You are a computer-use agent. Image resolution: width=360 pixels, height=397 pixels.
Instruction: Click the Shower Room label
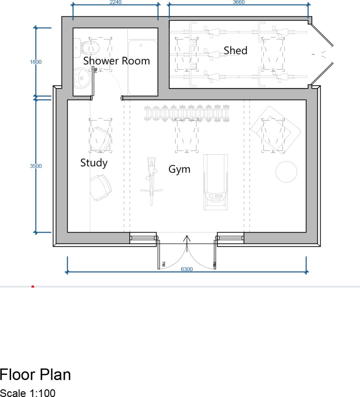coord(117,61)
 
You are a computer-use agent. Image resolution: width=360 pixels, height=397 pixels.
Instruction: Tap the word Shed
coord(235,50)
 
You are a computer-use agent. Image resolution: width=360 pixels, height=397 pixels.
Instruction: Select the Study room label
coord(94,163)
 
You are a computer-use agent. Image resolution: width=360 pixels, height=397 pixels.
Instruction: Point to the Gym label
coord(179,169)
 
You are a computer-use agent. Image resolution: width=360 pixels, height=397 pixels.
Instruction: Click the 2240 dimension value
coord(115,2)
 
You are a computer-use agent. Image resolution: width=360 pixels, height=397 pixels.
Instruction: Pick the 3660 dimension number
coord(239,2)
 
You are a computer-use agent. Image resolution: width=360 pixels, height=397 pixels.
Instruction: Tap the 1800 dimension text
coord(36,62)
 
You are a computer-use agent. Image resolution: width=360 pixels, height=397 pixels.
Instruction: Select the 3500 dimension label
coord(36,166)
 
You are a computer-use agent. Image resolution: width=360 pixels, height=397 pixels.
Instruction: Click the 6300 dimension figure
coord(187,269)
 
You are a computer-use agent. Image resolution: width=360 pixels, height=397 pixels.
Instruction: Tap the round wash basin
coord(81,78)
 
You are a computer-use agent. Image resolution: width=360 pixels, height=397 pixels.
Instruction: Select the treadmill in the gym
coord(216,182)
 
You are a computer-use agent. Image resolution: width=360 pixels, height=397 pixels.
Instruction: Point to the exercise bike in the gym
coord(151,181)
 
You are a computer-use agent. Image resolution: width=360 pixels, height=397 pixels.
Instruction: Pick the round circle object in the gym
coord(286,172)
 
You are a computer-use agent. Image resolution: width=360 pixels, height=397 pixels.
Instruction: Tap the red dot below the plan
coord(33,287)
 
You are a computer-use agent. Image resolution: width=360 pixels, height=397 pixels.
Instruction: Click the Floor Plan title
coord(35,374)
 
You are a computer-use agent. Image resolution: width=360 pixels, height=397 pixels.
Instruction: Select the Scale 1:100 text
coord(28,393)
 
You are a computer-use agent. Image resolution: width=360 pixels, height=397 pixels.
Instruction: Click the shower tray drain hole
coord(141,45)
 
